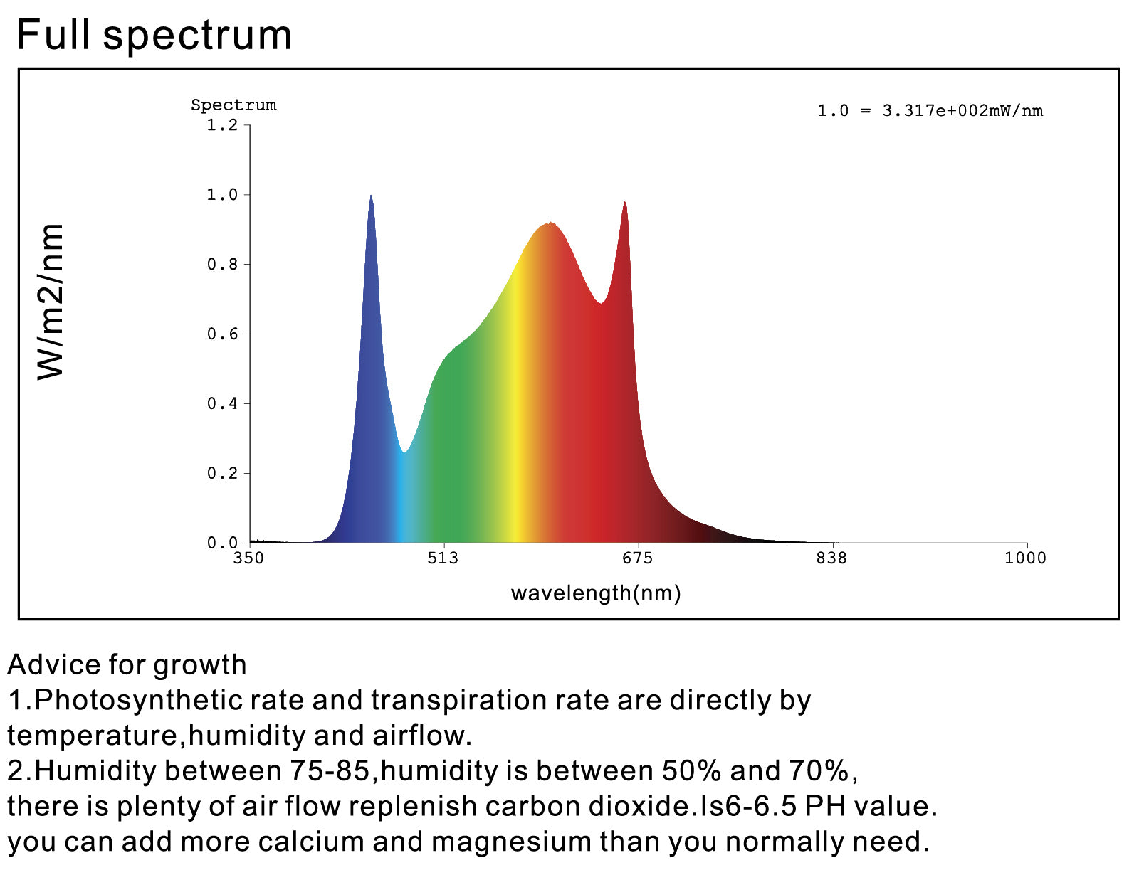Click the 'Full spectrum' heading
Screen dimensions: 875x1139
tap(154, 35)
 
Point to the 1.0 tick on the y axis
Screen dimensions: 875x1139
tap(222, 195)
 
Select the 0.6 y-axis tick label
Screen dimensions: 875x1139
tap(222, 334)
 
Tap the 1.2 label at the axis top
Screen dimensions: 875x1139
tap(222, 126)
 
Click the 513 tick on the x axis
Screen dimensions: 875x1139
tap(443, 558)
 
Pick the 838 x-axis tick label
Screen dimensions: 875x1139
tap(831, 558)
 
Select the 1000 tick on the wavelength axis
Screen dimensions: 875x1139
tap(1025, 558)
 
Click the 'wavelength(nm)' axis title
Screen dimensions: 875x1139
tap(596, 593)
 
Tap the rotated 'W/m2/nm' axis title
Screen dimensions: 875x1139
tap(51, 302)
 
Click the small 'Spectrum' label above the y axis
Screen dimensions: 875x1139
tap(233, 105)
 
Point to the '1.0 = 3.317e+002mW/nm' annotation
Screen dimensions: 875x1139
tap(930, 111)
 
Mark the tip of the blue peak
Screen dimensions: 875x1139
tap(371, 196)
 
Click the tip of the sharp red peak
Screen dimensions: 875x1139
tap(625, 203)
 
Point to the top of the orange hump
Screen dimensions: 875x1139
tap(550, 224)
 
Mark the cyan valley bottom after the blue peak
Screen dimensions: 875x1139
tap(404, 452)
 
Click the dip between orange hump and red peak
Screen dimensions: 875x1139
tap(602, 303)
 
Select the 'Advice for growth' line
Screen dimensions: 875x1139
tap(127, 665)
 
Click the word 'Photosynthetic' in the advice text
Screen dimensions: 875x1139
tap(139, 701)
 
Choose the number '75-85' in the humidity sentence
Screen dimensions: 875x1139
tap(330, 771)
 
